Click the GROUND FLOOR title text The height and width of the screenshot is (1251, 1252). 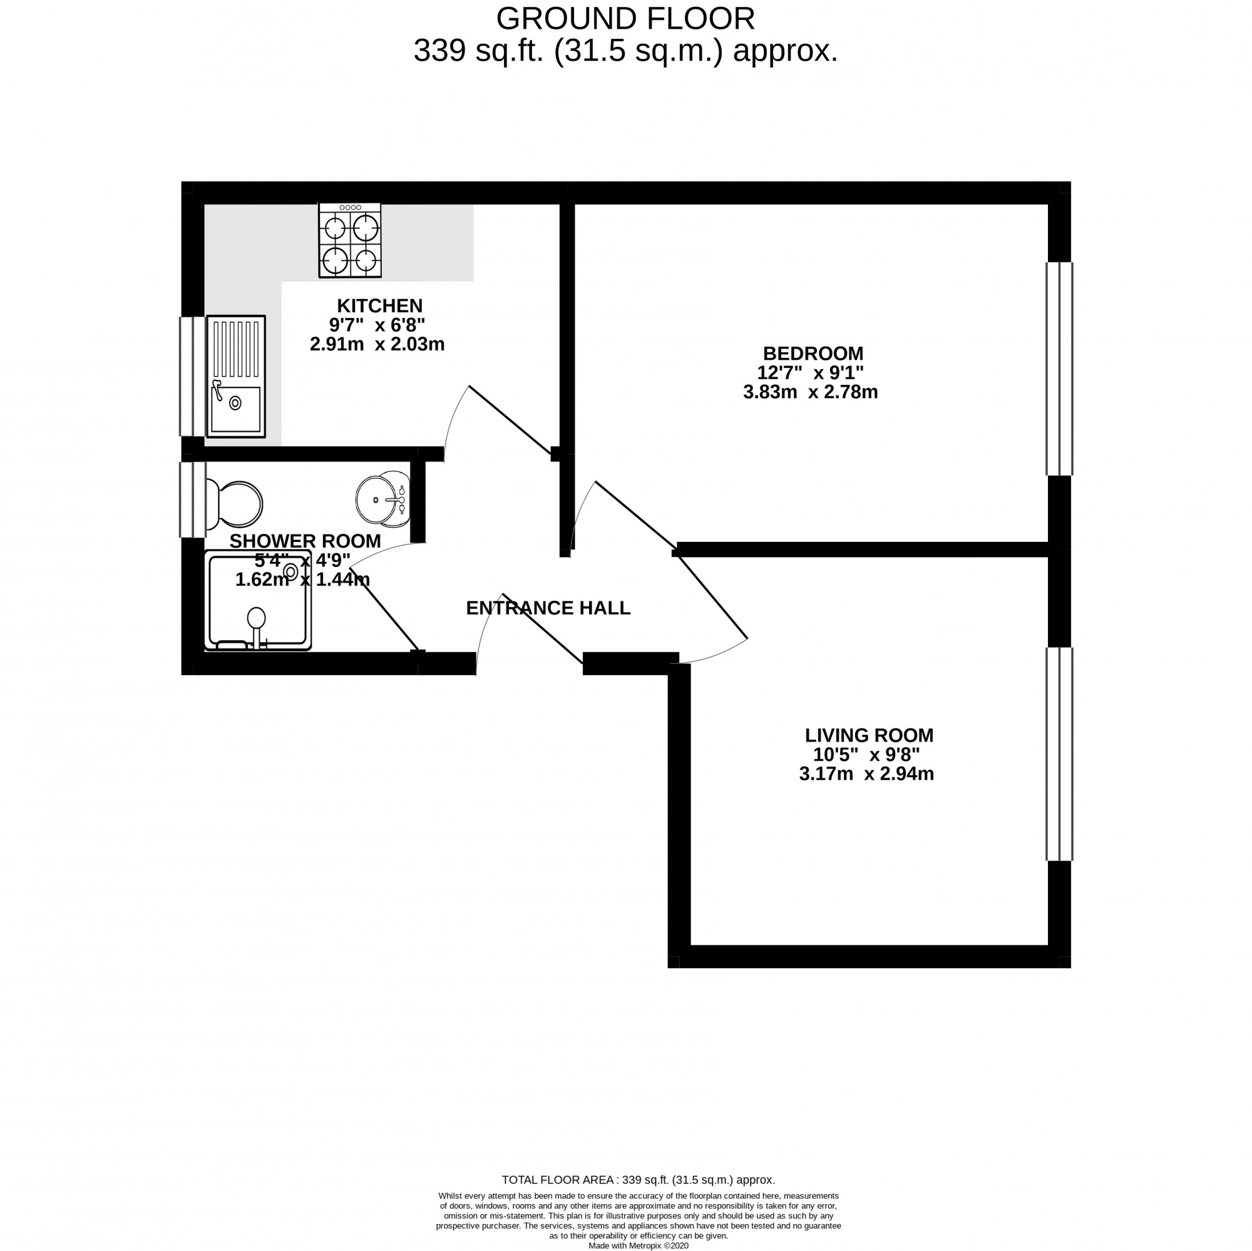[625, 19]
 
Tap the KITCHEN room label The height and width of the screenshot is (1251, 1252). [379, 306]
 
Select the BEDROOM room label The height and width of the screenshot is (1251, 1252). [813, 354]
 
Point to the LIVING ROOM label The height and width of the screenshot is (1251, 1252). [868, 735]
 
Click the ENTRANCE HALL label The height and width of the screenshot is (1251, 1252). [548, 608]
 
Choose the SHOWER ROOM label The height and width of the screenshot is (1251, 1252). [305, 541]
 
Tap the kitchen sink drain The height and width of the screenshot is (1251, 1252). [235, 403]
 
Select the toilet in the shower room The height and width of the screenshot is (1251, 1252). [235, 504]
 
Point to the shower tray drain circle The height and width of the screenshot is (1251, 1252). [291, 572]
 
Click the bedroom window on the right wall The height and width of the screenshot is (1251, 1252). [1060, 369]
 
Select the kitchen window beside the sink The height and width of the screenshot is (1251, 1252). [192, 376]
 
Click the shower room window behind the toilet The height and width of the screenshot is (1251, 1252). [192, 499]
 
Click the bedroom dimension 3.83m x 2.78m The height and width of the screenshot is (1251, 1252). [810, 392]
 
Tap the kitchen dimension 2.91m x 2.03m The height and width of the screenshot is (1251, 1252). [377, 344]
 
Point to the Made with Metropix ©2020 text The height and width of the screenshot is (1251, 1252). [638, 1245]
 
